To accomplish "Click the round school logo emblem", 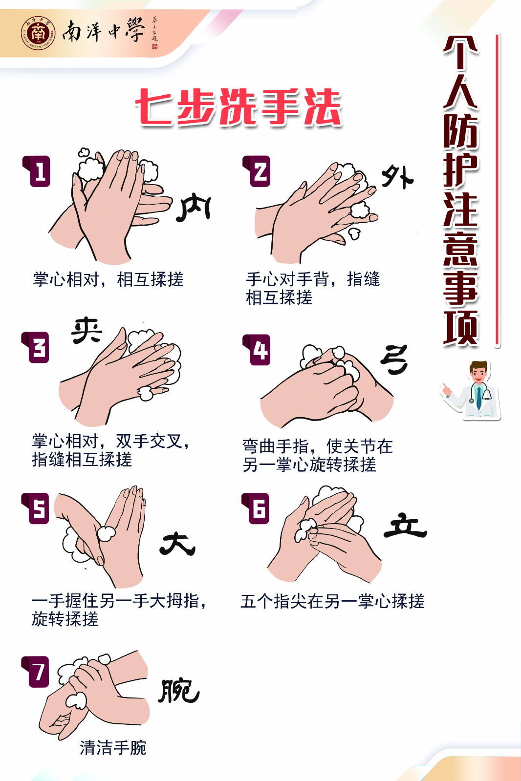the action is pos(38,33).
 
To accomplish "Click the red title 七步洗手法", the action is pos(239,106).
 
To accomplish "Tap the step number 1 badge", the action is pos(37,171).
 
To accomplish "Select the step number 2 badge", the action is pos(257,171).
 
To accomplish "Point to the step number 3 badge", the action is pos(36,347).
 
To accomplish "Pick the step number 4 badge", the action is pos(257,350).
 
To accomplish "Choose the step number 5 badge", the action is pos(36,508).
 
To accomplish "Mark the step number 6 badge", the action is pos(256,508).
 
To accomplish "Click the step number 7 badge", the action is pos(36,672).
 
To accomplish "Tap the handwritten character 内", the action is pos(194,209).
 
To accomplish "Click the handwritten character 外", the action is pos(397,177).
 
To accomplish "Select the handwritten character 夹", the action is pos(87,330).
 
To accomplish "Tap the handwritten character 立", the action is pos(405,525).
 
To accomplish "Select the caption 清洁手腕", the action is pos(113,747).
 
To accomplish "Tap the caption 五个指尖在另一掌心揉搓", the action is pos(332,601).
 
